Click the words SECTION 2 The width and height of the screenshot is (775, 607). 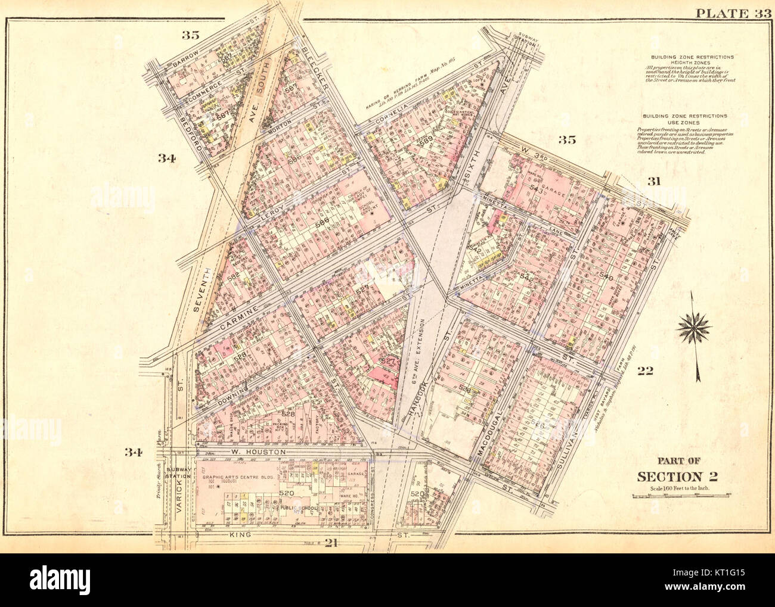coord(677,476)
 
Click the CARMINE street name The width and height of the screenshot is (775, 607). coord(238,319)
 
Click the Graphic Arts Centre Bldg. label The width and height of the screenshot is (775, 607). coord(234,477)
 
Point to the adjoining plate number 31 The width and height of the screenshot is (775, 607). coord(654,182)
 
